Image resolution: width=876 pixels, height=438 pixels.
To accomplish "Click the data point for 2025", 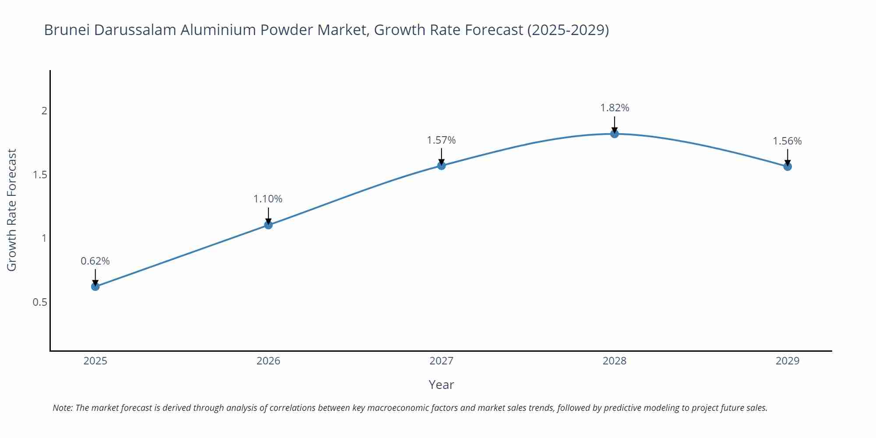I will click(95, 286).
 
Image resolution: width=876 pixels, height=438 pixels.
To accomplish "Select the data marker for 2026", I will click(268, 225).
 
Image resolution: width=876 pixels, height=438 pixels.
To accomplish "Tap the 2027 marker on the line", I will click(441, 165).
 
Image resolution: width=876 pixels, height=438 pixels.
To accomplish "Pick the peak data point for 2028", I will click(614, 134).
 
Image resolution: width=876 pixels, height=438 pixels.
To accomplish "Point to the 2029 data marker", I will click(787, 166).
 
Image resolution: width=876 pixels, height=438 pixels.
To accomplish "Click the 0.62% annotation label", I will click(95, 261).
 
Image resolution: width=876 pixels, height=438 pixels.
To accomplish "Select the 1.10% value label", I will click(268, 199).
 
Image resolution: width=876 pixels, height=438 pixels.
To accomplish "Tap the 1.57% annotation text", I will click(441, 140).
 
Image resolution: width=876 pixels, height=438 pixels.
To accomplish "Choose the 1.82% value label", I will click(614, 108).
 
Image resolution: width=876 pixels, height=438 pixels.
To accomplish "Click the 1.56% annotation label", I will click(787, 141).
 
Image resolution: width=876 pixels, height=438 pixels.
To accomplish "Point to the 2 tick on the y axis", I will click(44, 111).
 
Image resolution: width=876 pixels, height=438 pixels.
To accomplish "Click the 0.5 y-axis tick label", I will click(40, 302).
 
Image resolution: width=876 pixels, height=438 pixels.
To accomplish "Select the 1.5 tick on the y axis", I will click(40, 175).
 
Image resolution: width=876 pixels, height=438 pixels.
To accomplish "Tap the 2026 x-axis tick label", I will click(268, 361).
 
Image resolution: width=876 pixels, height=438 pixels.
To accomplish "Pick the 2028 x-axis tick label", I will click(614, 361).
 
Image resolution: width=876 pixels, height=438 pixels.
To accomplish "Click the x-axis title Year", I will click(441, 385).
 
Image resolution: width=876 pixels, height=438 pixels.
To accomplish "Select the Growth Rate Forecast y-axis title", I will click(12, 210).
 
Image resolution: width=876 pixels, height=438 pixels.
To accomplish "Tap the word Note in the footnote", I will click(62, 408).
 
